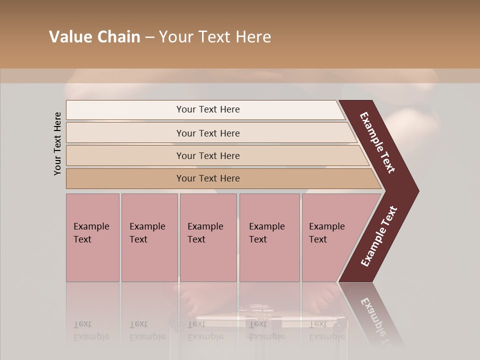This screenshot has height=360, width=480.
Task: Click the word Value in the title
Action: pos(68,37)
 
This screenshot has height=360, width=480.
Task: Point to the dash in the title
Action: pos(149,37)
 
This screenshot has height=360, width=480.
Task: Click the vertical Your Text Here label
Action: pos(57,143)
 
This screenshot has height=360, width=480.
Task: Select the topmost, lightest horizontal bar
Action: pos(208,109)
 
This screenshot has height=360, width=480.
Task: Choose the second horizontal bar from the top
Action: pos(208,133)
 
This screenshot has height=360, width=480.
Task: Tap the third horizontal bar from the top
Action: pos(208,155)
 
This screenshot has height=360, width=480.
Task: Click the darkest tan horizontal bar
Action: pos(208,178)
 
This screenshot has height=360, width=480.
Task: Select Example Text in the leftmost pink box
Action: pos(91,233)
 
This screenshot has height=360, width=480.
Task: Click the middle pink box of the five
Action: pos(207,237)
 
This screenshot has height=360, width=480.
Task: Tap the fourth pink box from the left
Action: pos(269,237)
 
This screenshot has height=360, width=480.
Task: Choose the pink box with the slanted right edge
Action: pos(330,237)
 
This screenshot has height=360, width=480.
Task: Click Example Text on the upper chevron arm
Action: pos(377,142)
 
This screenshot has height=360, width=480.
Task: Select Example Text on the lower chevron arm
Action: pos(378,236)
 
